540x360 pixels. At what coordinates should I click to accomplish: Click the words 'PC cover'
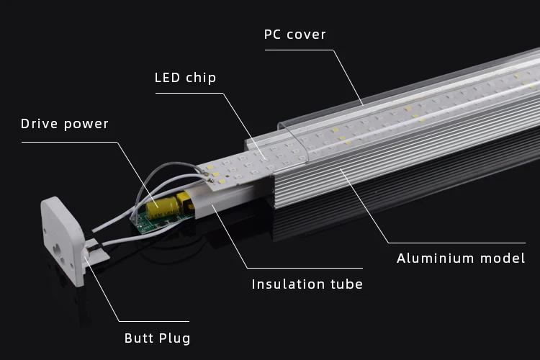point(295,35)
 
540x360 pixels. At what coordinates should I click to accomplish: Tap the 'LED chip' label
point(185,78)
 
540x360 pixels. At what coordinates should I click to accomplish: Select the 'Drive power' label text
point(65,124)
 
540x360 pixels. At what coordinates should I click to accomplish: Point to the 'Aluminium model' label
point(461,258)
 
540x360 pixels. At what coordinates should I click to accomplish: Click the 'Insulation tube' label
point(307,284)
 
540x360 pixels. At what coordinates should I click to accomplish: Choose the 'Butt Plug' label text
point(158,338)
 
